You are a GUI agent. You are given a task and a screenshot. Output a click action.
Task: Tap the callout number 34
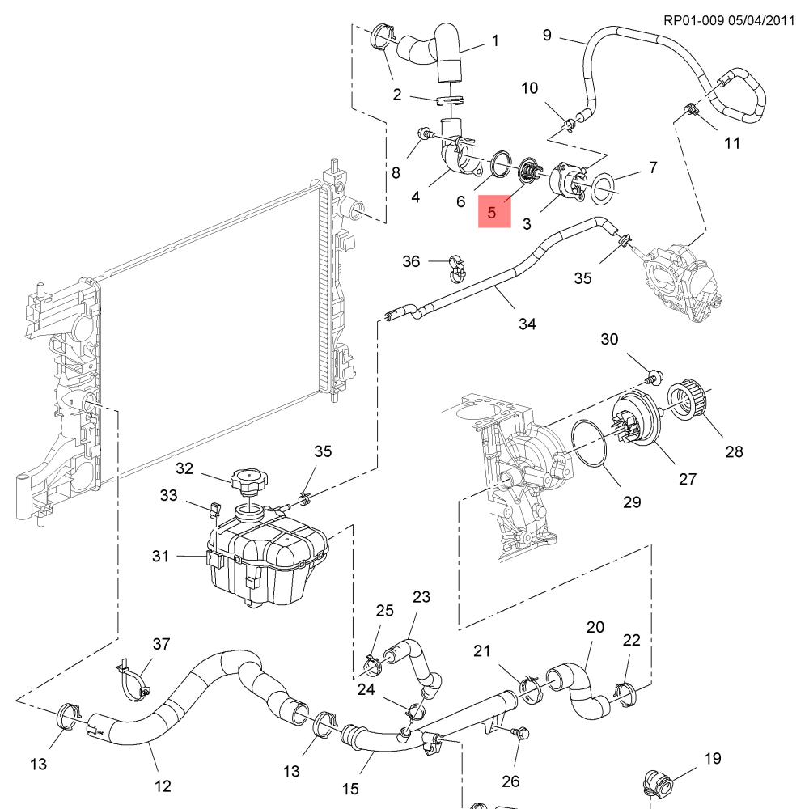coord(527,324)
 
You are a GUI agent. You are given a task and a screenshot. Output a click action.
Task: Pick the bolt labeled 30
coord(653,375)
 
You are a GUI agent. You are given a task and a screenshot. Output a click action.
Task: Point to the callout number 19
coord(712,758)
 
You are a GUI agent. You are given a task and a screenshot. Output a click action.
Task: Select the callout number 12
coord(163,785)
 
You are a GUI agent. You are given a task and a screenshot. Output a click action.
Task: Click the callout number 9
coord(547,35)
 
